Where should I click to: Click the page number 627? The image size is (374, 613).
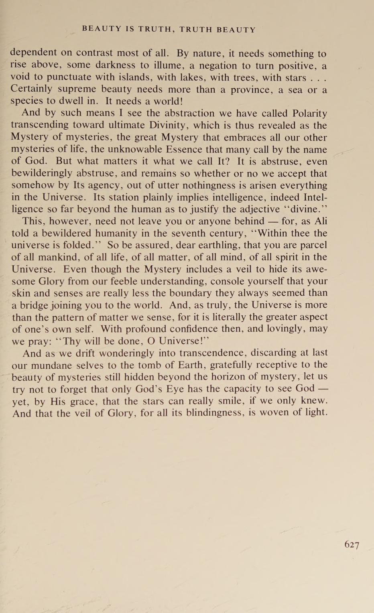(x=352, y=544)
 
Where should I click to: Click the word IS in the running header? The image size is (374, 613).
(x=130, y=29)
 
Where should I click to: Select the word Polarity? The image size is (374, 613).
(x=309, y=113)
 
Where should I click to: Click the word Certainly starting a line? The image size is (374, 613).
(x=31, y=89)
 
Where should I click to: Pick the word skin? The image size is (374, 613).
(x=21, y=293)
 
